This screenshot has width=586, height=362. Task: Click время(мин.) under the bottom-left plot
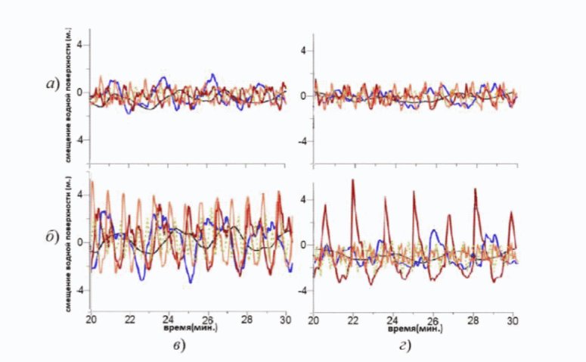tap(186, 330)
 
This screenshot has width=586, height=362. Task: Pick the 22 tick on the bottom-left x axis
tap(129, 321)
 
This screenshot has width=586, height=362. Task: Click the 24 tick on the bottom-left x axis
tap(169, 321)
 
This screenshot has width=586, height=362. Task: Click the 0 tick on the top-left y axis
tap(81, 93)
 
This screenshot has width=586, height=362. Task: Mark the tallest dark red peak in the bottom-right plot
tap(352, 182)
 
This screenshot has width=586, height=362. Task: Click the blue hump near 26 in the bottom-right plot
tap(433, 232)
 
